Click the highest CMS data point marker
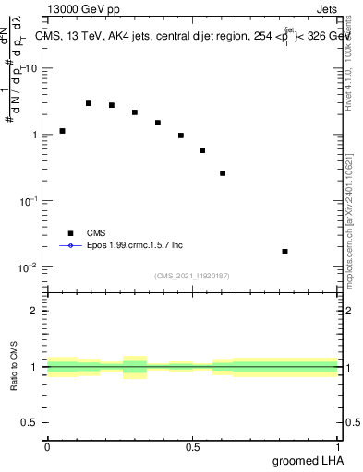tap(89, 103)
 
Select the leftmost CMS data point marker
tap(62, 131)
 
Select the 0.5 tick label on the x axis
tap(192, 446)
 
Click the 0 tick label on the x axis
tap(47, 446)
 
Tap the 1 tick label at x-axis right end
tap(338, 446)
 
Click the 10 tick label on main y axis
tap(31, 68)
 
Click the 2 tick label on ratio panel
tap(34, 311)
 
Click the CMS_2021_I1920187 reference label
tap(191, 276)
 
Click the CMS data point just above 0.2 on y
tap(223, 172)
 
